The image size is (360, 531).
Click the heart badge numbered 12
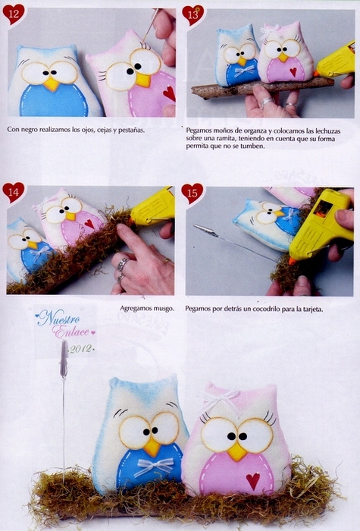14,14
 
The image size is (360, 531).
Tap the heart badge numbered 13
193,15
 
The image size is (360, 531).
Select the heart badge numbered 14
14,192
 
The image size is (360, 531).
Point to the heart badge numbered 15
193,193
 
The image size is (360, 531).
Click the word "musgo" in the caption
164,309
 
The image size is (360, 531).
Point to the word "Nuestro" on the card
59,319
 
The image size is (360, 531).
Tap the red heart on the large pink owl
253,480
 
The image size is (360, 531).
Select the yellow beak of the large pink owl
236,451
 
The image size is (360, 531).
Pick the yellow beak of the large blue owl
152,448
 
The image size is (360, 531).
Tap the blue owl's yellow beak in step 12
52,83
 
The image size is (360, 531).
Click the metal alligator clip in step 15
205,231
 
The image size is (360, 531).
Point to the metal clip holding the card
64,359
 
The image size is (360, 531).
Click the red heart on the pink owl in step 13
293,71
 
